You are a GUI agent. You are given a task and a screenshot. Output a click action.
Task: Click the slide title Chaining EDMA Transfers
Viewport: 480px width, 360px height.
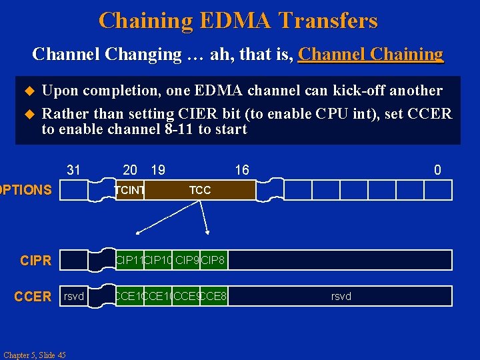click(238, 21)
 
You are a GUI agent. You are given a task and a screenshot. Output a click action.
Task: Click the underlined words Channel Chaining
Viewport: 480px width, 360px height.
click(371, 54)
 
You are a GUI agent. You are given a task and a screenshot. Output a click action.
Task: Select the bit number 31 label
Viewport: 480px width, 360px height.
click(73, 170)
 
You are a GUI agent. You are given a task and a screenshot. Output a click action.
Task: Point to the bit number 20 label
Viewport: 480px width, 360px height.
click(130, 170)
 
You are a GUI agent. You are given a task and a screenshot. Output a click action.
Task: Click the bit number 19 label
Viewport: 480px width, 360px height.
click(158, 170)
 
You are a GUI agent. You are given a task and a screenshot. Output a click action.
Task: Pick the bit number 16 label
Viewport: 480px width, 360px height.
click(241, 170)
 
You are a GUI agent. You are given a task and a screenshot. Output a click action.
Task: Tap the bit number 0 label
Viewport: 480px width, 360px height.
click(437, 170)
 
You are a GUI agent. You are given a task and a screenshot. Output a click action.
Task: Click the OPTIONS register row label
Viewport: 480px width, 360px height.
click(25, 190)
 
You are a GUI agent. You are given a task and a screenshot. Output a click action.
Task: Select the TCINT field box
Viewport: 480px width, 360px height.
click(130, 190)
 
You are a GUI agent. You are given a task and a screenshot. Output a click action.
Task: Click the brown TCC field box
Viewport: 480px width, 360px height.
click(200, 190)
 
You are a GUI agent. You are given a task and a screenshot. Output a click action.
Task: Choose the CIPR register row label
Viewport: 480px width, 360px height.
click(35, 260)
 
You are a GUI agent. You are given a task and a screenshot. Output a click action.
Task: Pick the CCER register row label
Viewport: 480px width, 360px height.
click(33, 296)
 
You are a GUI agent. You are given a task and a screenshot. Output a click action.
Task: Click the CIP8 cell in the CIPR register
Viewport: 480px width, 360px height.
click(214, 260)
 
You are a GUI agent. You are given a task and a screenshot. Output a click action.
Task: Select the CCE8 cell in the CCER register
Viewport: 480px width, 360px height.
click(214, 296)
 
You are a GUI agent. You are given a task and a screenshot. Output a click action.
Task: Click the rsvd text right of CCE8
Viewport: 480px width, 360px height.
click(341, 296)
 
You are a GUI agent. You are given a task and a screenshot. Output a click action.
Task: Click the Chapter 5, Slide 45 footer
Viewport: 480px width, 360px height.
click(34, 355)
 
